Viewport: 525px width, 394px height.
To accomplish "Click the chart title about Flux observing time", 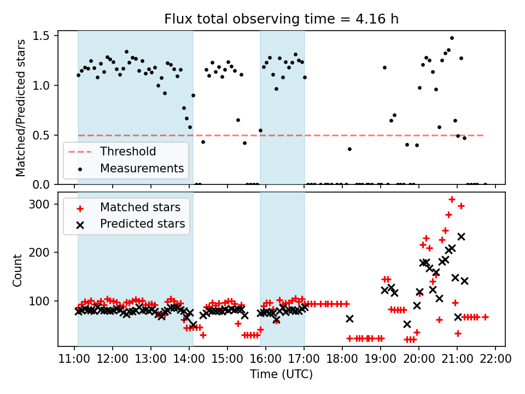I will (x=282, y=19).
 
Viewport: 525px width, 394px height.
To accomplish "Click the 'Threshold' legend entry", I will (x=127, y=152).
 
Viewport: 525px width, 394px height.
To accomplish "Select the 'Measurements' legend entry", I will (x=142, y=169).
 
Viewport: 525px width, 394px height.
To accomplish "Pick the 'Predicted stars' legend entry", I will (x=142, y=224).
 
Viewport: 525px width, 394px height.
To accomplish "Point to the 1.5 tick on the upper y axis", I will (x=44, y=36).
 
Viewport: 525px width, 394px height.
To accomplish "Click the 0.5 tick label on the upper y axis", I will (x=44, y=135).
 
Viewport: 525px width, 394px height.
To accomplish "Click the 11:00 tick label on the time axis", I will (x=74, y=360).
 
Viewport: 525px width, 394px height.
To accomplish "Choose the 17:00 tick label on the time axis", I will (x=304, y=360).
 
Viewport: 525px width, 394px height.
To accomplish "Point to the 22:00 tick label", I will (x=495, y=360).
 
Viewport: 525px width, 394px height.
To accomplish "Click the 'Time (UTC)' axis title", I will (x=282, y=374).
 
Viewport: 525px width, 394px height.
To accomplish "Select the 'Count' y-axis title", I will (x=18, y=270).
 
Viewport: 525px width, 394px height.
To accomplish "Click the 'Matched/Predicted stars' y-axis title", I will (x=21, y=108).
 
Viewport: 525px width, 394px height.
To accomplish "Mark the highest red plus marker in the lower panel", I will (x=452, y=199).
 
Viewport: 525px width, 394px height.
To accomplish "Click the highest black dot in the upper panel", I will (x=452, y=38).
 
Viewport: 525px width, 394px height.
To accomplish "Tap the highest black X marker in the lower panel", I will (x=461, y=236).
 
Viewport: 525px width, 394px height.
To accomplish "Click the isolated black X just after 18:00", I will (x=349, y=318).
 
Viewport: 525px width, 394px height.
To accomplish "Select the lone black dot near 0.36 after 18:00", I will (x=349, y=149).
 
